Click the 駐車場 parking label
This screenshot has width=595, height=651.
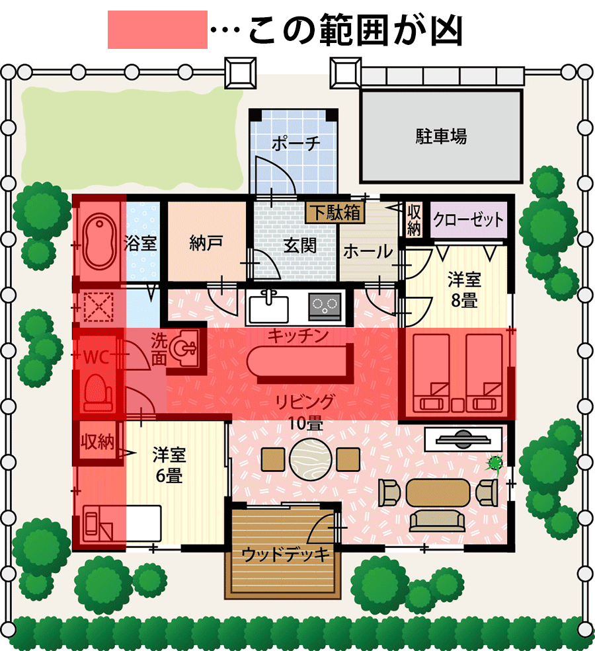point(441,136)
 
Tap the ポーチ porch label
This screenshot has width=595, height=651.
point(296,143)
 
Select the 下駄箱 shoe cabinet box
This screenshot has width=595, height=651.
point(335,213)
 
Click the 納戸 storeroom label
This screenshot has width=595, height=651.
point(206,243)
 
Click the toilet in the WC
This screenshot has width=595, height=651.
point(99,393)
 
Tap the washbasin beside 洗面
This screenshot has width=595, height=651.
point(184,346)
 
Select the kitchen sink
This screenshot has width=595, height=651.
point(268,307)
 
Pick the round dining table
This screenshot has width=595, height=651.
point(310,459)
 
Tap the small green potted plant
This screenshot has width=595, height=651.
point(495,463)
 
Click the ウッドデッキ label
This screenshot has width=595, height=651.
point(286,555)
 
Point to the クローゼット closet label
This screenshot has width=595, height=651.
point(468,219)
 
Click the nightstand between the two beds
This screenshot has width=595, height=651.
point(457,404)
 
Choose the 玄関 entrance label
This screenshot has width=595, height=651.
point(299,246)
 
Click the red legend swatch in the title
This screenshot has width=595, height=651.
point(157,30)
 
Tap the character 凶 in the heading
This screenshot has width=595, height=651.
point(447,30)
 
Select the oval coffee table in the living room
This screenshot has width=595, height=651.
point(438,492)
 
